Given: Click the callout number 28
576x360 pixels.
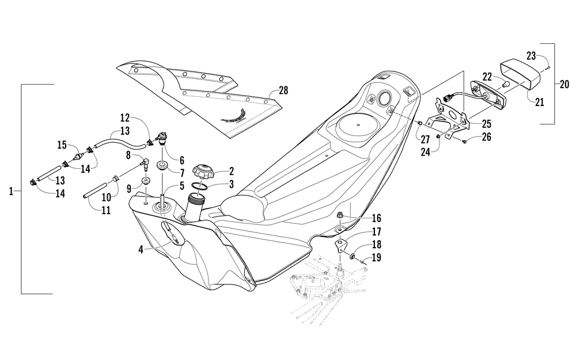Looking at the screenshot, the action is click(x=283, y=90).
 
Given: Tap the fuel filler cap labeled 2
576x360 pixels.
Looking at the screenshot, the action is click(x=203, y=172).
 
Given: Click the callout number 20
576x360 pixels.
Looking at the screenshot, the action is click(x=564, y=84).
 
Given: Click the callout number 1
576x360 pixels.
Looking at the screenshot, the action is click(x=11, y=191).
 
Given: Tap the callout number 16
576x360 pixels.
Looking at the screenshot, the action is click(x=376, y=218).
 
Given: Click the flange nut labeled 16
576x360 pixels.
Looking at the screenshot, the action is click(x=340, y=214).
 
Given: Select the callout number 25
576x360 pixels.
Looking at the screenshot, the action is click(x=486, y=123).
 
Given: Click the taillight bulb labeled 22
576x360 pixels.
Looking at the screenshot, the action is click(x=506, y=84).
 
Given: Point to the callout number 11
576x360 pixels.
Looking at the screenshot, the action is click(x=106, y=210).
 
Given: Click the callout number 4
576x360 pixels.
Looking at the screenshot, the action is click(x=141, y=250).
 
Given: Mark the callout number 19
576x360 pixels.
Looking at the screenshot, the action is click(x=376, y=257).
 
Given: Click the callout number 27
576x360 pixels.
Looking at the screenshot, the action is click(x=426, y=139).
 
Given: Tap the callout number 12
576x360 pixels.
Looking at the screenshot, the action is click(x=125, y=118).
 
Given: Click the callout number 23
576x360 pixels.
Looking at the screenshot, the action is click(x=531, y=56).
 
